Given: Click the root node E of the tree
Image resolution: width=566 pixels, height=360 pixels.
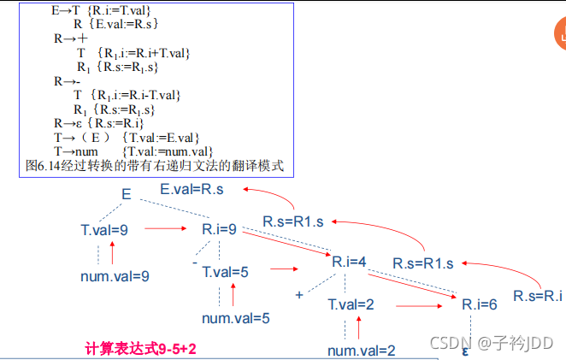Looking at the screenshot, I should [126, 195].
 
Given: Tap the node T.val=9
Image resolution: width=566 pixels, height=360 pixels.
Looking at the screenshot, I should [104, 230].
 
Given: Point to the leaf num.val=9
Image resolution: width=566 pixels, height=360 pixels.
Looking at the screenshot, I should [115, 275].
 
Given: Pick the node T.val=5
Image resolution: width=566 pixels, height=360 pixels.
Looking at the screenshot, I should [225, 272].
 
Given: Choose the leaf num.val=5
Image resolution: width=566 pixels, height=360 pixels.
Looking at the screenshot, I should [236, 318].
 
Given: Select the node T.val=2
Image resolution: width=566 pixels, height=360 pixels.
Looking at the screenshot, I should [351, 304].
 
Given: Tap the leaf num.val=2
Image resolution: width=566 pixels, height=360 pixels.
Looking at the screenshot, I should [362, 350].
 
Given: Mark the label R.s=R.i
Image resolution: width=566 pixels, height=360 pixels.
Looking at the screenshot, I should [539, 296].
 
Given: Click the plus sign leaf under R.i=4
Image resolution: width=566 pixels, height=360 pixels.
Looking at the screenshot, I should [299, 294].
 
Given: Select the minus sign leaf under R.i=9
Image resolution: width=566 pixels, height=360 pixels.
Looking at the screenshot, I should [195, 263].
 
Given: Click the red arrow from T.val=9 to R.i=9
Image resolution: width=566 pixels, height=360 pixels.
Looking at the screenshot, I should [166, 229].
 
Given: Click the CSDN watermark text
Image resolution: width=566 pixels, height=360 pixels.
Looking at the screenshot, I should [491, 343].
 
